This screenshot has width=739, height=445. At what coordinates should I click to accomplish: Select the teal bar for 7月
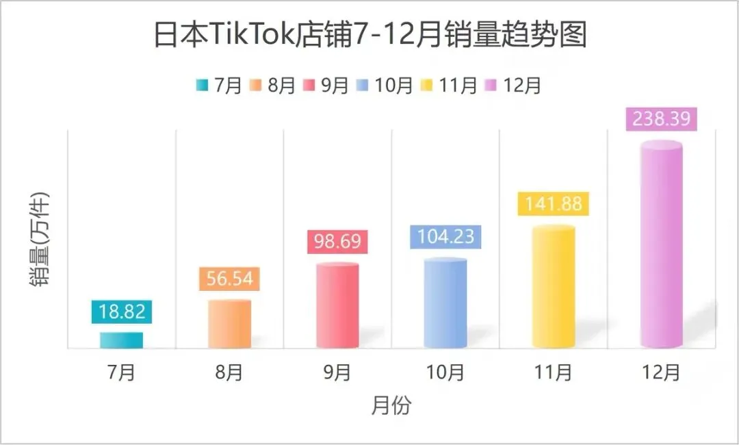pyautogui.click(x=122, y=340)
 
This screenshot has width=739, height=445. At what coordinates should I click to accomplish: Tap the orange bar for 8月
pyautogui.click(x=229, y=324)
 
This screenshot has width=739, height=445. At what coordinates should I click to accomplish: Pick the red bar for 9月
pyautogui.click(x=337, y=305)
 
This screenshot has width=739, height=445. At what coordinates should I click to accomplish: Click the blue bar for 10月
pyautogui.click(x=445, y=303)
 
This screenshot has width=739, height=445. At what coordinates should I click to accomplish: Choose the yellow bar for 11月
pyautogui.click(x=554, y=287)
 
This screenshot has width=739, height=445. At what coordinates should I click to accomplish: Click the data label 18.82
pyautogui.click(x=122, y=311)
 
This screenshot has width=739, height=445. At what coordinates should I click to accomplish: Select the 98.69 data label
pyautogui.click(x=338, y=242)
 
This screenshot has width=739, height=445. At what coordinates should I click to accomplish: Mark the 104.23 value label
pyautogui.click(x=445, y=236)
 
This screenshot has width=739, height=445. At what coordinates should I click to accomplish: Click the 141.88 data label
pyautogui.click(x=554, y=203)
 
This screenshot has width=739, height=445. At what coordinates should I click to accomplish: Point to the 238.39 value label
pyautogui.click(x=662, y=118)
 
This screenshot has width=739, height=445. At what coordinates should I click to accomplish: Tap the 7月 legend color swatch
pyautogui.click(x=202, y=86)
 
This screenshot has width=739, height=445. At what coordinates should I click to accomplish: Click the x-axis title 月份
pyautogui.click(x=391, y=405)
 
